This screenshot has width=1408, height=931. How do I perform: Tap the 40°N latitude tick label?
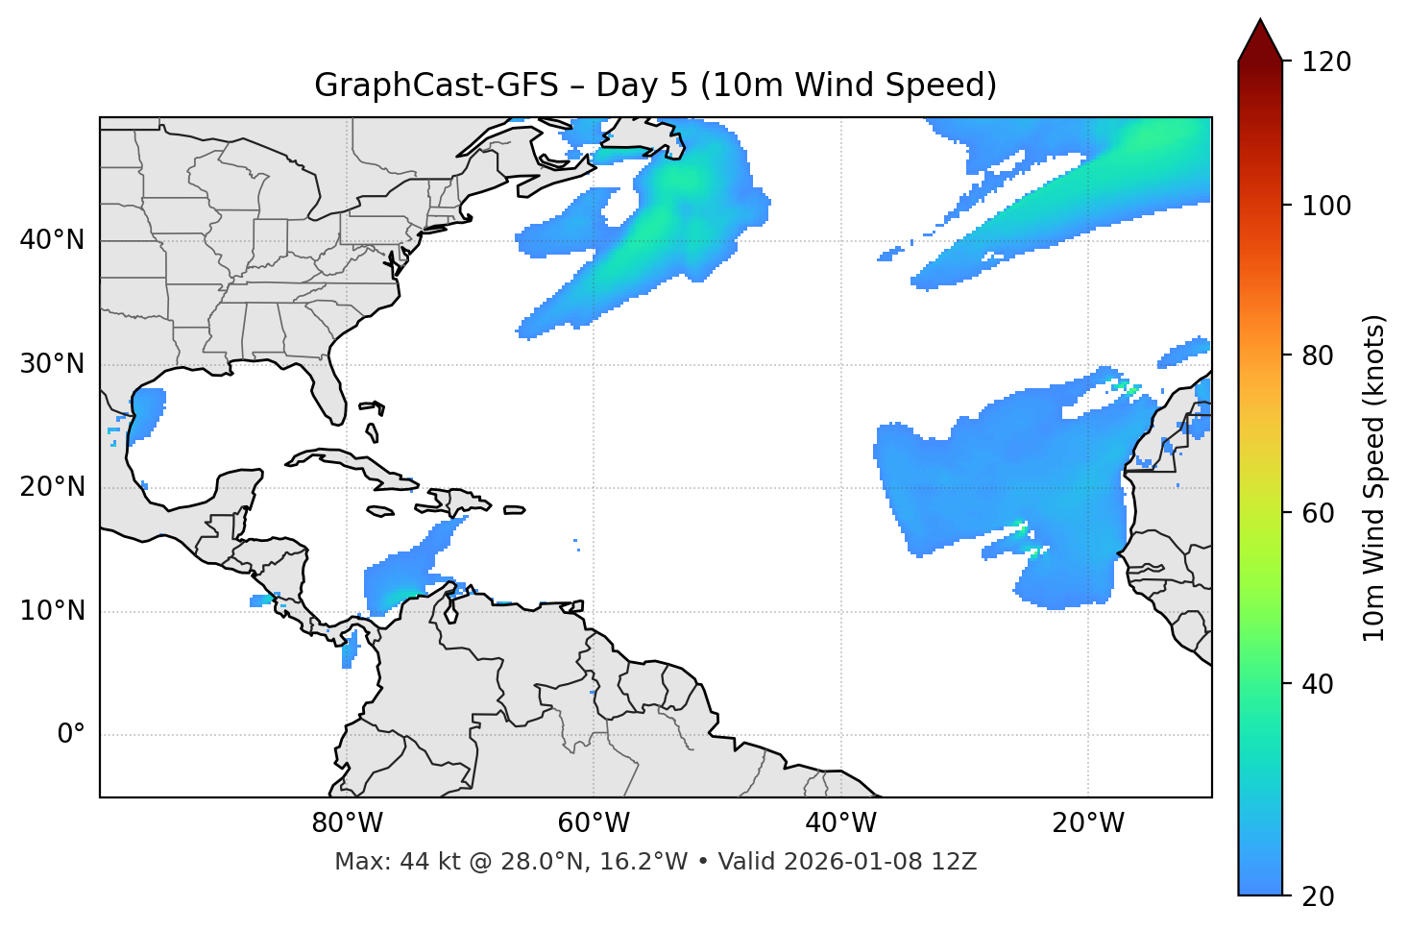point(52,240)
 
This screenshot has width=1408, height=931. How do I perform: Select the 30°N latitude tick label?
point(52,364)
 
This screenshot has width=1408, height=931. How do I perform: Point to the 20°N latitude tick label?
point(52,487)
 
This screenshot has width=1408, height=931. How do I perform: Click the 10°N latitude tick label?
point(52,611)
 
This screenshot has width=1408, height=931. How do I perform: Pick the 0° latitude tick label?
point(70,735)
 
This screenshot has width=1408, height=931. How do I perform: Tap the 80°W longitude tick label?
point(347,823)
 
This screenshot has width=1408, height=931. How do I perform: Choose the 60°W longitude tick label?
point(594,823)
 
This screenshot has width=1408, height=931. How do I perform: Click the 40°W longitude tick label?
point(840,823)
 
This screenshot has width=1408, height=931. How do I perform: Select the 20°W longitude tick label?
point(1088,823)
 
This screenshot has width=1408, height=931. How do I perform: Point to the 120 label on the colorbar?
point(1326,62)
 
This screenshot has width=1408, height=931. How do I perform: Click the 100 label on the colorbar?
point(1326,206)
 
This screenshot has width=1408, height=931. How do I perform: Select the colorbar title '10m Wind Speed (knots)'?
point(1374,478)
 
